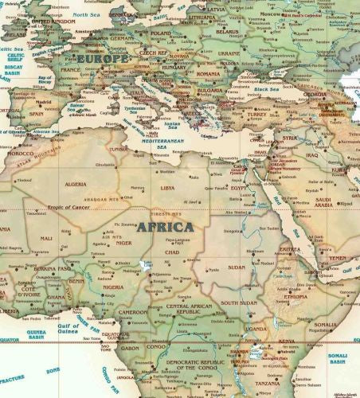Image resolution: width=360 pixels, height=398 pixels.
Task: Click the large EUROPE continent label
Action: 102,60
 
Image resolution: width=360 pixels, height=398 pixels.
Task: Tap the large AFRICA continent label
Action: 165,227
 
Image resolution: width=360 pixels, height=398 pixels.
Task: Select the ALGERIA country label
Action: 75,184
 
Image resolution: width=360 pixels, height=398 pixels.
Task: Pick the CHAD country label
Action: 171,252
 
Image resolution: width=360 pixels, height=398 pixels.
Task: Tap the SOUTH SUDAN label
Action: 238,303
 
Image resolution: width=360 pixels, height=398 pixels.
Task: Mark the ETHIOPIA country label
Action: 295,295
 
